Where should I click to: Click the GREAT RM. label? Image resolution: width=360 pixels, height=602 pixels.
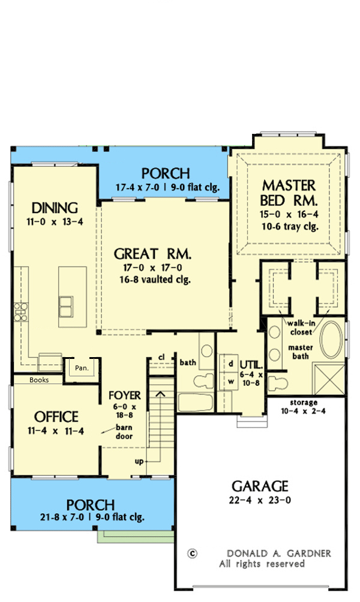(x=152, y=254)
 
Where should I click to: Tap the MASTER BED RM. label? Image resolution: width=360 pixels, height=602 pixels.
(x=289, y=193)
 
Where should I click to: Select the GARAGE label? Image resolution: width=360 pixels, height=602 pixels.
(x=260, y=486)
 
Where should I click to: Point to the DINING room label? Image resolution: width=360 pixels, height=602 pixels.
(x=55, y=208)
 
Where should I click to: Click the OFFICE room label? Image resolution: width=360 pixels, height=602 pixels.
(x=56, y=417)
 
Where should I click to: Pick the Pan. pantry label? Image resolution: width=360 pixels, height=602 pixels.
(x=82, y=368)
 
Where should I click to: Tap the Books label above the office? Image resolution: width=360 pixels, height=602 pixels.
(x=39, y=380)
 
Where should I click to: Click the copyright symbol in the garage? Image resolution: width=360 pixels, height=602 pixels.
(x=192, y=553)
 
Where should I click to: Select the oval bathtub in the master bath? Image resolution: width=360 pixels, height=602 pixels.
(x=331, y=340)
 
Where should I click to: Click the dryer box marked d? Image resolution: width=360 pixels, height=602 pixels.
(x=230, y=364)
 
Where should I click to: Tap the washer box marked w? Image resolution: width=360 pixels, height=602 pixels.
(x=230, y=381)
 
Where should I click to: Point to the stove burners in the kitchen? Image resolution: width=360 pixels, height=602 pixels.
(x=21, y=312)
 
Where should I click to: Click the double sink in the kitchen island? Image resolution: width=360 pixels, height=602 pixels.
(x=65, y=306)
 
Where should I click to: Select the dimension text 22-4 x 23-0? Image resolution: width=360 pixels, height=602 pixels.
(x=260, y=500)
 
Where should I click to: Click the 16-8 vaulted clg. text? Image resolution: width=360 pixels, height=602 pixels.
(x=155, y=279)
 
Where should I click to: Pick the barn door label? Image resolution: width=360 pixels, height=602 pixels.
(x=124, y=432)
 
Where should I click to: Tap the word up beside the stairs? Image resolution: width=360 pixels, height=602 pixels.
(x=139, y=462)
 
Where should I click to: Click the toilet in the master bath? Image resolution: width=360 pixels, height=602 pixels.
(x=278, y=383)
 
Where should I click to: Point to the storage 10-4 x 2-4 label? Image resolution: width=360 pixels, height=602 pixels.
(x=303, y=406)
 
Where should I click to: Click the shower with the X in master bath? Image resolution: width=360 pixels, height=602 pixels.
(x=329, y=379)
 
